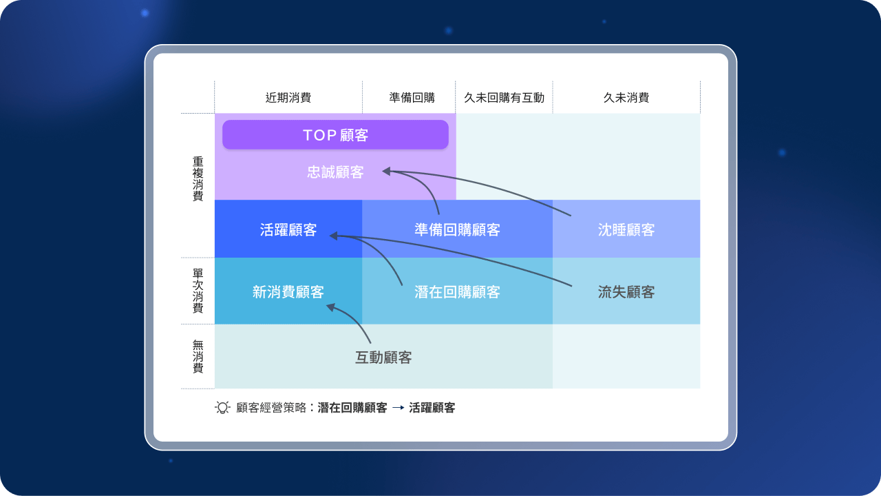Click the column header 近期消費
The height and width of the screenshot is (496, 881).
point(288,98)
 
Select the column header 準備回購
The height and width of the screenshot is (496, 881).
point(412,98)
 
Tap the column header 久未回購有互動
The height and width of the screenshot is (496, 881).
point(504,98)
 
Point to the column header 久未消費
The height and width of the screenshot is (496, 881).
point(626,98)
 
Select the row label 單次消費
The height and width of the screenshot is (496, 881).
point(198,291)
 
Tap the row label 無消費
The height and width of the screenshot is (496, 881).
point(198,357)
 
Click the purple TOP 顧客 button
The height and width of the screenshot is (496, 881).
point(335,135)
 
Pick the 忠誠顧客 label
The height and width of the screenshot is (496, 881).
point(335,172)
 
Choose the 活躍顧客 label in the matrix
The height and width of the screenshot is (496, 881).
point(288,230)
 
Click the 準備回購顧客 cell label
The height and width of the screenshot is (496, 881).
point(457,230)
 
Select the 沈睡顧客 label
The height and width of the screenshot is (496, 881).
point(626,230)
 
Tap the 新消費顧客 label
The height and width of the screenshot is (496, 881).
point(288,292)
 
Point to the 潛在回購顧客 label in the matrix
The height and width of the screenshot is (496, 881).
point(457,292)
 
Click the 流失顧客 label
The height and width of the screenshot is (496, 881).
point(626,292)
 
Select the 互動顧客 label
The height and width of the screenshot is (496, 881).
point(383,358)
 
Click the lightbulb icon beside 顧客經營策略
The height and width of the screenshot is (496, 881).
point(222,407)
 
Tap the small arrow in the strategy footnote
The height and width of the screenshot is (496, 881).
point(398,408)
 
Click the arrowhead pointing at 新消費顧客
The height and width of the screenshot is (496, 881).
point(331,307)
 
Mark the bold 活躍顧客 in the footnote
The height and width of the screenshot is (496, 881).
point(432,408)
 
